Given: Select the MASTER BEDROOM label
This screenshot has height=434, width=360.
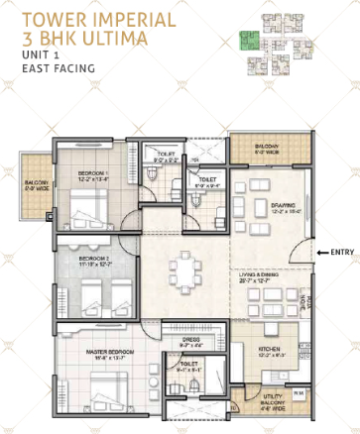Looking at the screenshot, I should [x=94, y=350].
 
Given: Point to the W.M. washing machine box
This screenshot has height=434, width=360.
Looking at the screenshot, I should [x=299, y=391].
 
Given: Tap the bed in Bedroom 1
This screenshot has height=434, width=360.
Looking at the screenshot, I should [x=89, y=203].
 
